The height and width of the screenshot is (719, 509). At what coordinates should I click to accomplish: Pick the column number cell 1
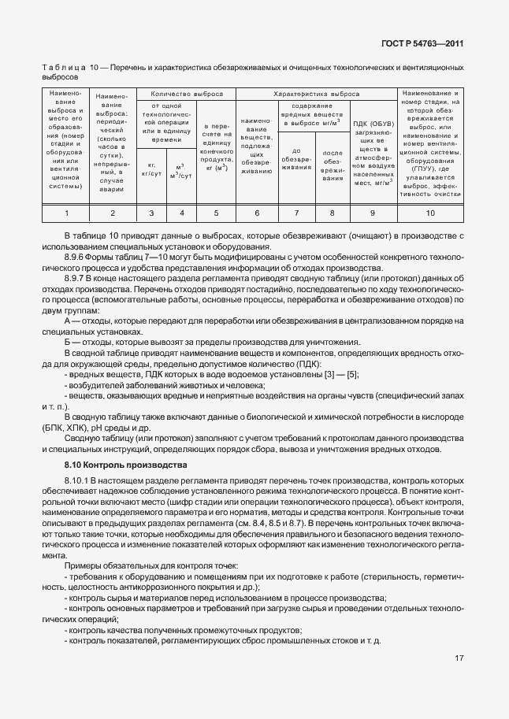coord(66,213)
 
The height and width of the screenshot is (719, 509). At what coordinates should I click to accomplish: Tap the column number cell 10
coord(430,213)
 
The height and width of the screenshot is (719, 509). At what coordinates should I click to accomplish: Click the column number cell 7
coord(296,213)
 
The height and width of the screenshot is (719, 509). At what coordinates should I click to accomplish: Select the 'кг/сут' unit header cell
coord(151,172)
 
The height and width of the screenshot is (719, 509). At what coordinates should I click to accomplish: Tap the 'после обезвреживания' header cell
coord(332,165)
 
